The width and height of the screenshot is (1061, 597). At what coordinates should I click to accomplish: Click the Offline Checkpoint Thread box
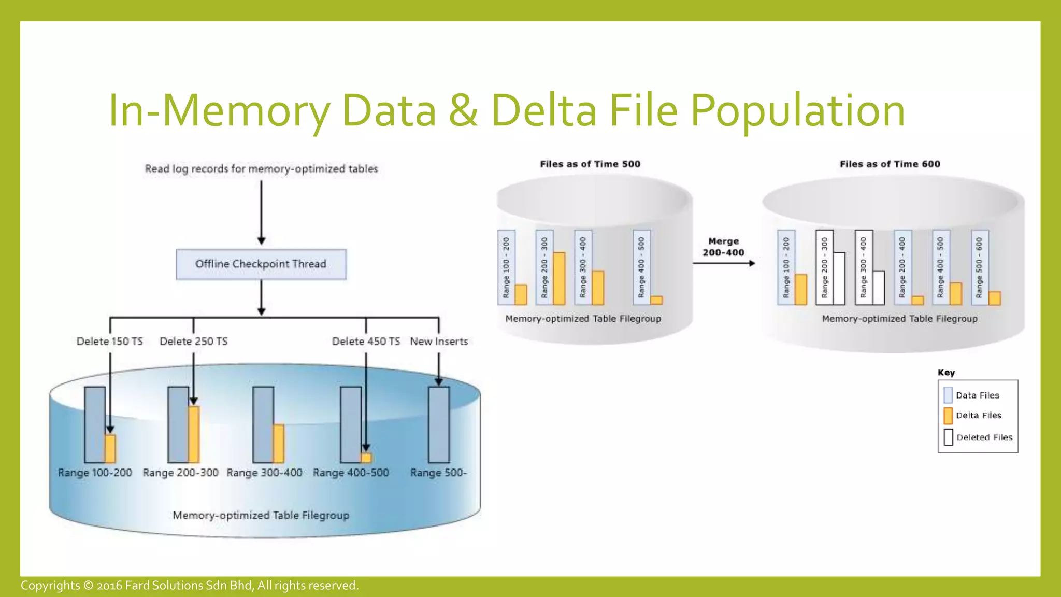click(x=261, y=264)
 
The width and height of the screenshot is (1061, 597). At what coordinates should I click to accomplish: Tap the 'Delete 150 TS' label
click(x=109, y=342)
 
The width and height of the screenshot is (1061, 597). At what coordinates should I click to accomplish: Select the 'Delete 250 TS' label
click(x=193, y=342)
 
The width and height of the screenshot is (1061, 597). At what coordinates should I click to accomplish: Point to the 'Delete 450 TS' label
click(x=366, y=342)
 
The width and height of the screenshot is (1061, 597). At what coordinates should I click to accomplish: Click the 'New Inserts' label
click(x=439, y=342)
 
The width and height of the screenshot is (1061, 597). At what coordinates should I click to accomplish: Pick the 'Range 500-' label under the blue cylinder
click(x=438, y=473)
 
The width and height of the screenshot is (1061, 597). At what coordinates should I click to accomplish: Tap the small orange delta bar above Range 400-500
click(x=366, y=458)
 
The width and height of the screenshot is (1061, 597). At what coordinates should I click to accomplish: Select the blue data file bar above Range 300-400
click(x=263, y=424)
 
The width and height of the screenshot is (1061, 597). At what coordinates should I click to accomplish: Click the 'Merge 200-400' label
click(x=723, y=247)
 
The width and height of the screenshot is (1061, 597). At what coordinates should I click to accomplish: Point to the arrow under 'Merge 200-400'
click(x=723, y=263)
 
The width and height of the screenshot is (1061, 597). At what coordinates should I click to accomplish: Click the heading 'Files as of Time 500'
click(x=590, y=164)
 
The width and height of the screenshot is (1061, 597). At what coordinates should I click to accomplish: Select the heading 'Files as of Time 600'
click(x=890, y=164)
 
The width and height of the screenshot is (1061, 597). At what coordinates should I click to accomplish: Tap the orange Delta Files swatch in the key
click(x=948, y=416)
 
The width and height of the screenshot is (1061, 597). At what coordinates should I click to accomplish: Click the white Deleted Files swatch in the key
click(x=948, y=437)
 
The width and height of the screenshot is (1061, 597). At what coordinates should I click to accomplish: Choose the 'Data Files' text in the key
click(x=977, y=395)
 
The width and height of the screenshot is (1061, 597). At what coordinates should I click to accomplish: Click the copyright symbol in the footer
click(x=88, y=586)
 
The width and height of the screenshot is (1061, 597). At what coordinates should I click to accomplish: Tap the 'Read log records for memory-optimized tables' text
click(x=261, y=169)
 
